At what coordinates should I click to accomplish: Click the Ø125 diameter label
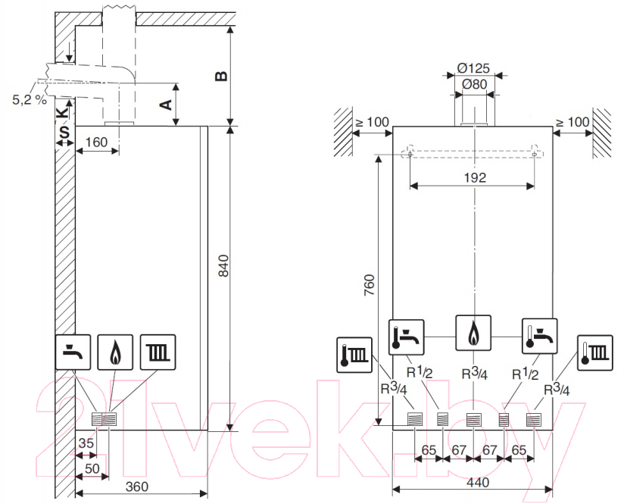[x=473, y=68]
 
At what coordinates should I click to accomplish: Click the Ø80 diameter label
[x=474, y=84]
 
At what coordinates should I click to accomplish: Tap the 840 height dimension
[x=224, y=266]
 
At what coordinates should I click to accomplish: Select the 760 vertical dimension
[x=370, y=284]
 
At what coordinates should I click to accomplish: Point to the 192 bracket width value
[x=475, y=177]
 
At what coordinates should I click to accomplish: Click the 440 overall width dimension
[x=478, y=483]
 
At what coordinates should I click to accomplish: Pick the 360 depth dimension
[x=137, y=487]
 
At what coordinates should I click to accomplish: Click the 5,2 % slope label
[x=30, y=99]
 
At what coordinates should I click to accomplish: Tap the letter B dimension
[x=221, y=76]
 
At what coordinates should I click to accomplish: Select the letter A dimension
[x=166, y=105]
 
